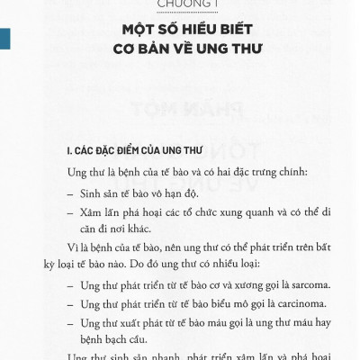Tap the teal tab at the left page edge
click(x=5, y=38)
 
